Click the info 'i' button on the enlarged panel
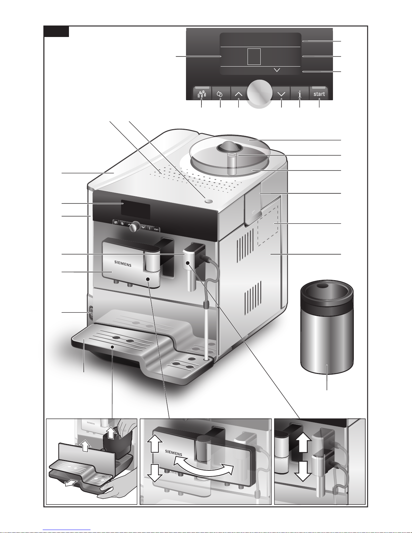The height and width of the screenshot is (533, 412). pos(300,93)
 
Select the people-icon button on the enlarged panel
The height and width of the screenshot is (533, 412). pos(202,93)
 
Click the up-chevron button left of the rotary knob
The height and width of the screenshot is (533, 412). pos(238,93)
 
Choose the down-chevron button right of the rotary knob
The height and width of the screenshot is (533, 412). pos(281,93)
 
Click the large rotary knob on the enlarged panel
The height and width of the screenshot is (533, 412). pos(260,93)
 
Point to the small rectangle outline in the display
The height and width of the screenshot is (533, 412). pos(254,56)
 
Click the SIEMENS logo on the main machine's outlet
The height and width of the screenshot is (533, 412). pos(123,264)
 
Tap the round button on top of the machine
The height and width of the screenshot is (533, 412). pos(209,201)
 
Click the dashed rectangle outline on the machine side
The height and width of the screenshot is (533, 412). pos(268,226)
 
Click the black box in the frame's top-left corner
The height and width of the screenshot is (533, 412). pos(57,32)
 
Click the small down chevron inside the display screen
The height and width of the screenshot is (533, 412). pos(277,70)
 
